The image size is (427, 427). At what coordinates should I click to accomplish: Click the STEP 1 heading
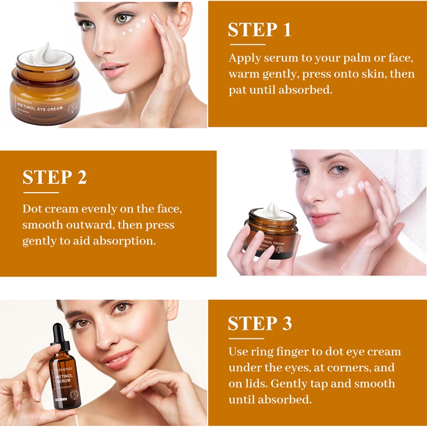[x=259, y=30]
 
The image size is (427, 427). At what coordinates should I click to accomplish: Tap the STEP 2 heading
[x=54, y=178]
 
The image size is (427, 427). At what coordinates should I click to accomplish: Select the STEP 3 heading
[x=259, y=324]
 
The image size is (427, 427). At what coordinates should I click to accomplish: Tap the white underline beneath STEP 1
[x=246, y=44]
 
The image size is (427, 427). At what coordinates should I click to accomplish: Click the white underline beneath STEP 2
[x=41, y=192]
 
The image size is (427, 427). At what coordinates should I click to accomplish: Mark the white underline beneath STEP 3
[x=246, y=338]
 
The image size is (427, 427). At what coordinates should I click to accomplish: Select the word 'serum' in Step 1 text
[x=278, y=58]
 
